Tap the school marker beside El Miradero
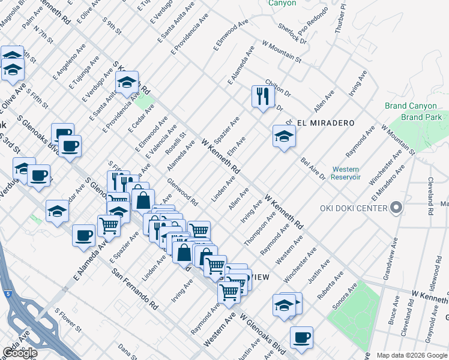pos(283,136)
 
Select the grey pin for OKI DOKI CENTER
pos(396,208)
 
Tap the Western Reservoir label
pos(345,173)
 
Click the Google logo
pos(20,353)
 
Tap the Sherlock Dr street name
pos(292,34)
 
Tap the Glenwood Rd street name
pos(183,194)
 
